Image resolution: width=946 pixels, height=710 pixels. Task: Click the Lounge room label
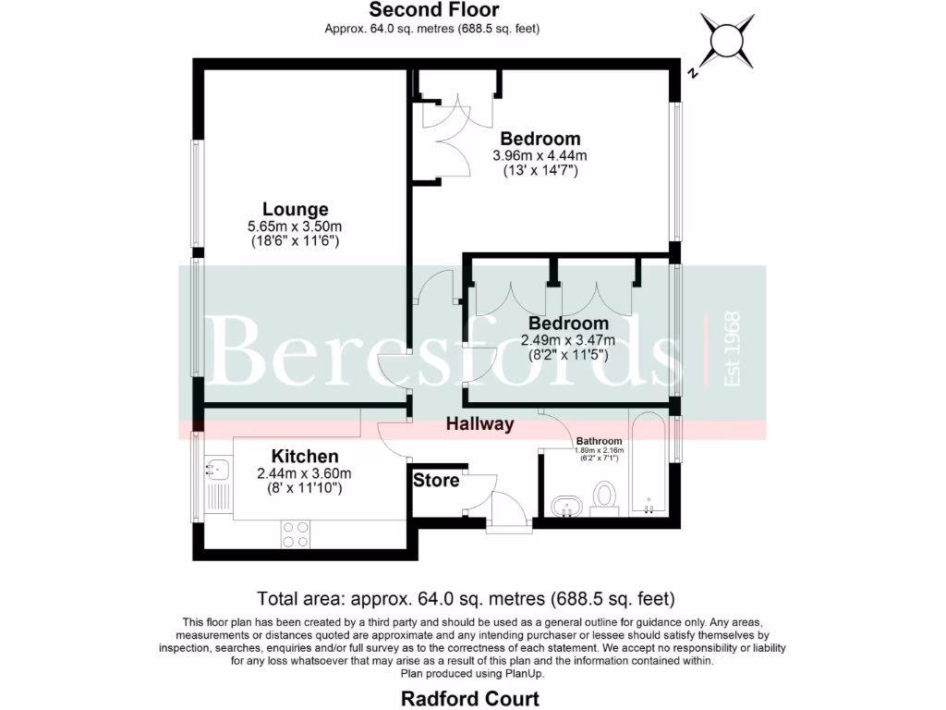(x=295, y=209)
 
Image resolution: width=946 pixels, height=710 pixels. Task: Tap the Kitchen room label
(x=304, y=456)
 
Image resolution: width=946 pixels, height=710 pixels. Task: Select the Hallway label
(x=479, y=424)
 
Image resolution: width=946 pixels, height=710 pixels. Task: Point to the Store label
(x=436, y=481)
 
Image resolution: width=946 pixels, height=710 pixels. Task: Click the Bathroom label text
(x=600, y=441)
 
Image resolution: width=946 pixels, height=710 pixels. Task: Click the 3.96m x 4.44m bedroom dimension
(x=540, y=155)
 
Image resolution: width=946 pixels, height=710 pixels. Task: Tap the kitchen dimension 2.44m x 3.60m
(x=304, y=472)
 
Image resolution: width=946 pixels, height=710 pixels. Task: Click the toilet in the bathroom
(x=606, y=494)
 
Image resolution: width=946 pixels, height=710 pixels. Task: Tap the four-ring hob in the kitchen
(x=296, y=533)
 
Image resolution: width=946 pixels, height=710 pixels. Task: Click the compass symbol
(x=725, y=38)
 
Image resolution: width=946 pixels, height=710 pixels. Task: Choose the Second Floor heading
(x=433, y=10)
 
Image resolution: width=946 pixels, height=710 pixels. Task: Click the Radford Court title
(x=470, y=697)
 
